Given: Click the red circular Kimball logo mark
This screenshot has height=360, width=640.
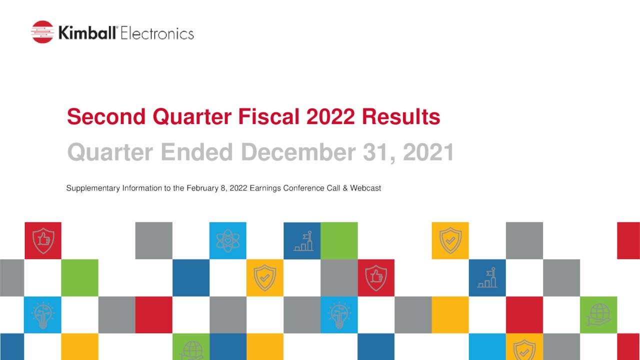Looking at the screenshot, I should click(42, 32).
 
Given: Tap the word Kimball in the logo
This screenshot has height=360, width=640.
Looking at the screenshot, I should click(88, 33).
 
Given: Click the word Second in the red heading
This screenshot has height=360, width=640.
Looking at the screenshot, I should click(106, 117).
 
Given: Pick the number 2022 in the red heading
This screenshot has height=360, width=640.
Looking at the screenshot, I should click(330, 117).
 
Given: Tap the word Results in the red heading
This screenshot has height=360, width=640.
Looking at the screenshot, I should click(401, 117).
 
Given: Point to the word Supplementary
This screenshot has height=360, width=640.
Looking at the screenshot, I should click(93, 188).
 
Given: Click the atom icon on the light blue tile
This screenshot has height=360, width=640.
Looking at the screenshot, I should click(227, 240).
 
